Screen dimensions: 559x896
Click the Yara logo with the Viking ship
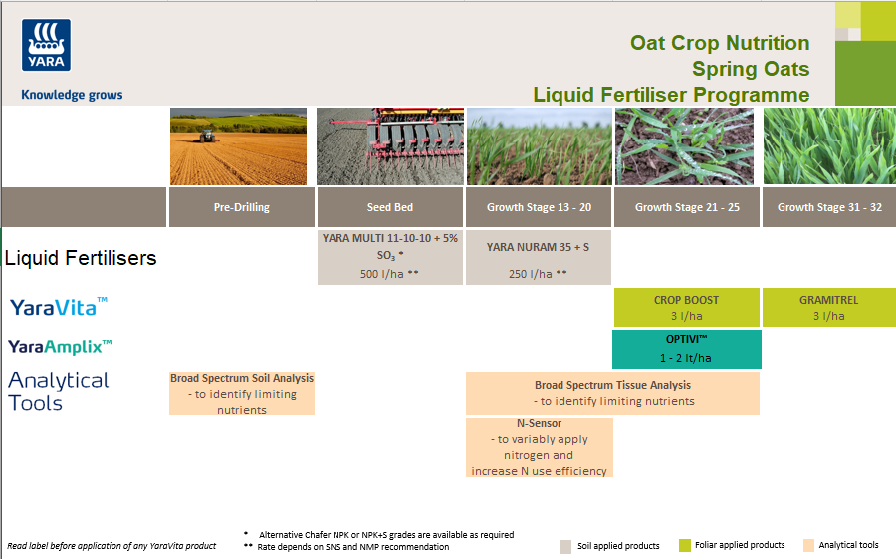47,47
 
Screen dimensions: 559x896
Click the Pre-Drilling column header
242,207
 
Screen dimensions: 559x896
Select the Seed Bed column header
390,207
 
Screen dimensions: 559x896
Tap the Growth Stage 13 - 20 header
539,207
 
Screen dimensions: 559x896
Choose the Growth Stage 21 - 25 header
687,207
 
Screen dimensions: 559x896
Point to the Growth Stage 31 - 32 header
829,207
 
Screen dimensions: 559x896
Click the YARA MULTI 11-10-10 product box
390,257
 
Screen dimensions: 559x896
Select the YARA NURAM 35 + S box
539,257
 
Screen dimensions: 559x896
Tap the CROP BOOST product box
687,308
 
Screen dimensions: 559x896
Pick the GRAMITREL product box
828,308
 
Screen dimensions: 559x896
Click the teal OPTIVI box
687,349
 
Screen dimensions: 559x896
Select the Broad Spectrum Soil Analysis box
242,393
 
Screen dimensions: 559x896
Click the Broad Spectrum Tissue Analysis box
612,393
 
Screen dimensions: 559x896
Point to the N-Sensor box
539,447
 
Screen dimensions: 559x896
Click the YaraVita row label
59,307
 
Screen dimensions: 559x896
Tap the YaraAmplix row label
60,347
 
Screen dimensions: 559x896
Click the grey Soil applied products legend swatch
565,546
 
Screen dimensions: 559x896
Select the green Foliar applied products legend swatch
684,545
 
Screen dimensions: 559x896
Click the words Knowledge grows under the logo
72,95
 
